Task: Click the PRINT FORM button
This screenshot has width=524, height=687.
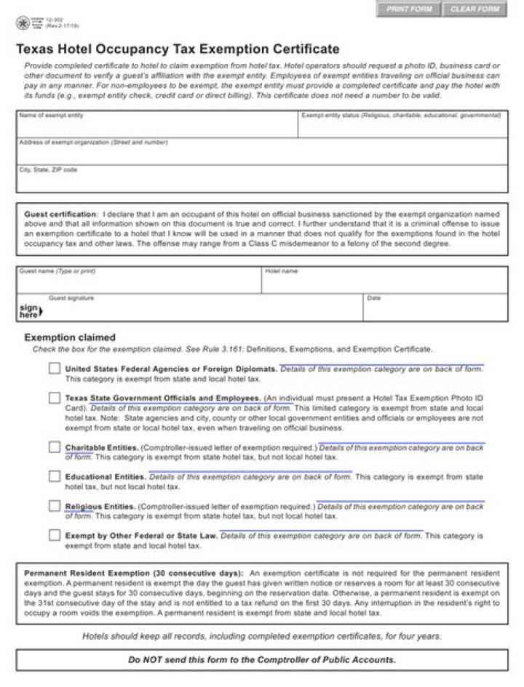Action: [x=409, y=9]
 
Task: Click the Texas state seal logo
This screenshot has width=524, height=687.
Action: [x=23, y=24]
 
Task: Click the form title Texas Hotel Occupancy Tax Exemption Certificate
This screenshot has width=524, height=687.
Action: [x=178, y=49]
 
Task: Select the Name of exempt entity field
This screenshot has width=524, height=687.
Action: [x=156, y=127]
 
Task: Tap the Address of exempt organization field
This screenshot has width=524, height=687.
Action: [x=262, y=153]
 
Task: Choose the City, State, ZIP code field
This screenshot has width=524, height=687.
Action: [x=262, y=181]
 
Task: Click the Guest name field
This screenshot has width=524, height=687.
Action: [x=138, y=283]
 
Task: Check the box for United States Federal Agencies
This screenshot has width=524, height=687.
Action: [x=55, y=369]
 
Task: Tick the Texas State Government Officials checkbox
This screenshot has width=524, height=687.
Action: [x=55, y=398]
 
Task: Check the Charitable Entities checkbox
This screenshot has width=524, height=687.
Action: [x=55, y=447]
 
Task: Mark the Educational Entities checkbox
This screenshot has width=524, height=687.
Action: [x=55, y=476]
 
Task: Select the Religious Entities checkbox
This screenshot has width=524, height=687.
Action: [x=55, y=506]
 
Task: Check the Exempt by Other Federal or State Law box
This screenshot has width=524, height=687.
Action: [x=55, y=535]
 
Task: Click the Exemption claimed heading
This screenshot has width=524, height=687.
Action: [x=70, y=337]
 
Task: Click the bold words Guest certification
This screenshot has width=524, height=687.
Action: [x=60, y=214]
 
